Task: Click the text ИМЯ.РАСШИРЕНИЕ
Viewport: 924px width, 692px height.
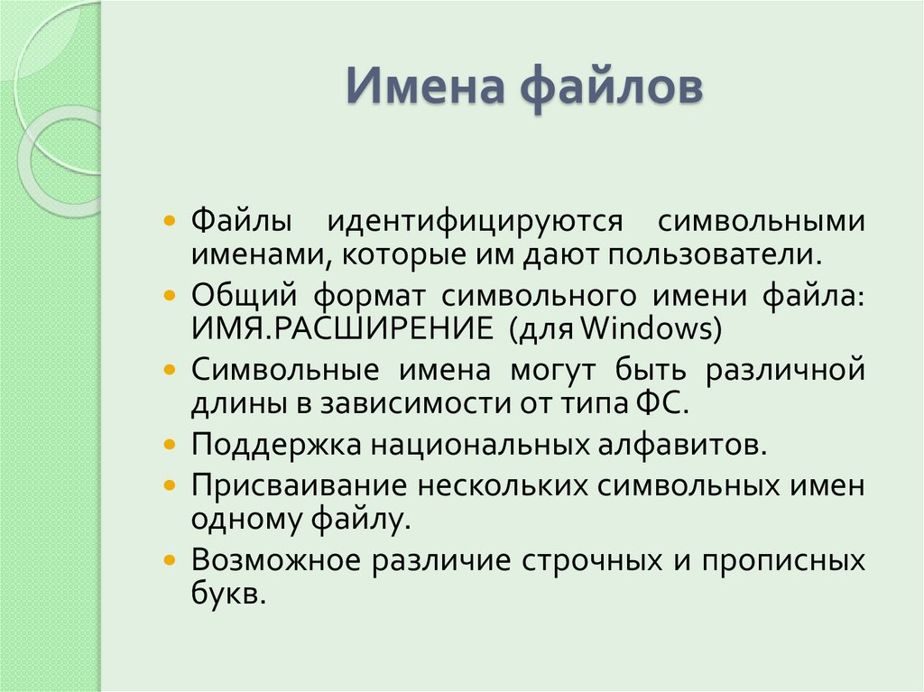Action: coord(341,329)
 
